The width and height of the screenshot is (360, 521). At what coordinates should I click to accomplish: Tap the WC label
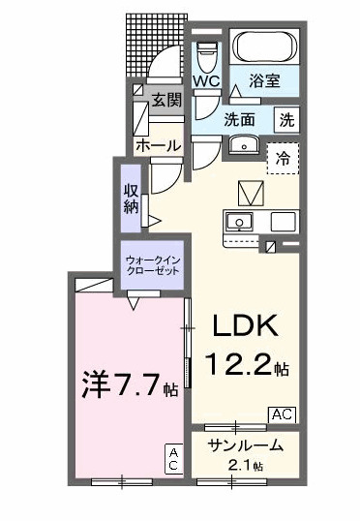point(205,81)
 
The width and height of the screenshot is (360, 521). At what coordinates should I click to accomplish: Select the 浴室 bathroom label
point(264,82)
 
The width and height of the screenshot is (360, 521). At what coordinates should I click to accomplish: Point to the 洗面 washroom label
point(239,121)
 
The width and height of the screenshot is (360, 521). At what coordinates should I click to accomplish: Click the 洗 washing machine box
point(287,121)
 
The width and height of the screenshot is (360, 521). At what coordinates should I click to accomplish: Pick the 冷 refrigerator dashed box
point(283,156)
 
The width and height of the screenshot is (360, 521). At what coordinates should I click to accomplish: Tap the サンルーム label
point(247,446)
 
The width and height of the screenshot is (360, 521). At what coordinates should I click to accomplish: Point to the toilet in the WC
point(206,54)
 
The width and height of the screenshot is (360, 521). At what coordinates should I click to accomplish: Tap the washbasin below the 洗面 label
point(242,147)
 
